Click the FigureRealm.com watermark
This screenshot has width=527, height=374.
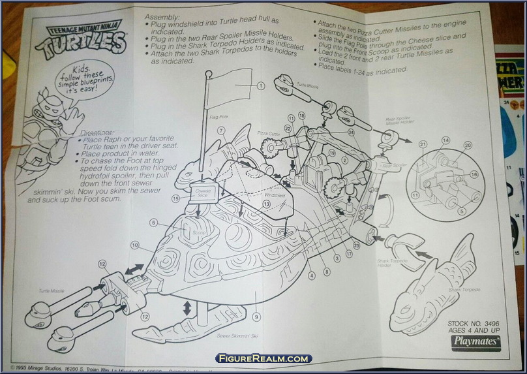tap(263, 358)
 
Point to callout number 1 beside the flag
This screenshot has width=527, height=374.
tap(260, 86)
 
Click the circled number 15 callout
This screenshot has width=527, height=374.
tap(175, 198)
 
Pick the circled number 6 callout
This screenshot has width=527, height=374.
tap(154, 223)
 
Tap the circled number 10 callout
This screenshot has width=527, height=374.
tap(134, 245)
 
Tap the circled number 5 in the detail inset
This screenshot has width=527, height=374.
tap(461, 211)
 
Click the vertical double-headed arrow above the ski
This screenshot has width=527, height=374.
tap(188, 307)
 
